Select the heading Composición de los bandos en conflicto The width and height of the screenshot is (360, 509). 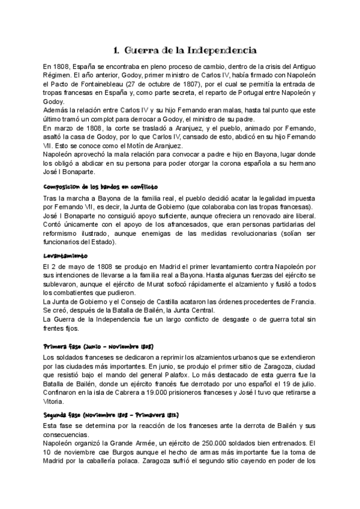click(101, 187)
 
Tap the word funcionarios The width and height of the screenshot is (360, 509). click(62, 242)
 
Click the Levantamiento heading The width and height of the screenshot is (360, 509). click(66, 256)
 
